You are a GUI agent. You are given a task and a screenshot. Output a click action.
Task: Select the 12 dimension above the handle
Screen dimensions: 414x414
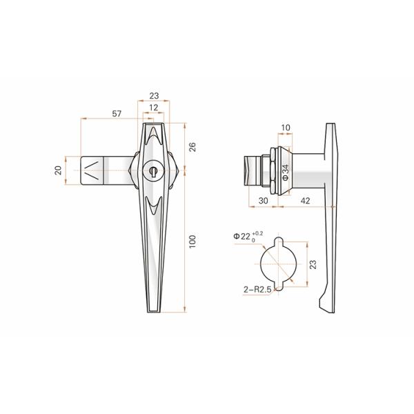153,108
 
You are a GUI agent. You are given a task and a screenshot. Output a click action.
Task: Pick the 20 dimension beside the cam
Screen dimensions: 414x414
59,170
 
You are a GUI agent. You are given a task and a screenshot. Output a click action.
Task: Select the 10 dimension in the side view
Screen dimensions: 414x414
286,127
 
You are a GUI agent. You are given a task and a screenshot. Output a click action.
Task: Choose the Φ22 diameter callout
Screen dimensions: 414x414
244,237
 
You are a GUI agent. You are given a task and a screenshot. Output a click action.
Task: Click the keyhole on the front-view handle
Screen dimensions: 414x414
153,170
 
